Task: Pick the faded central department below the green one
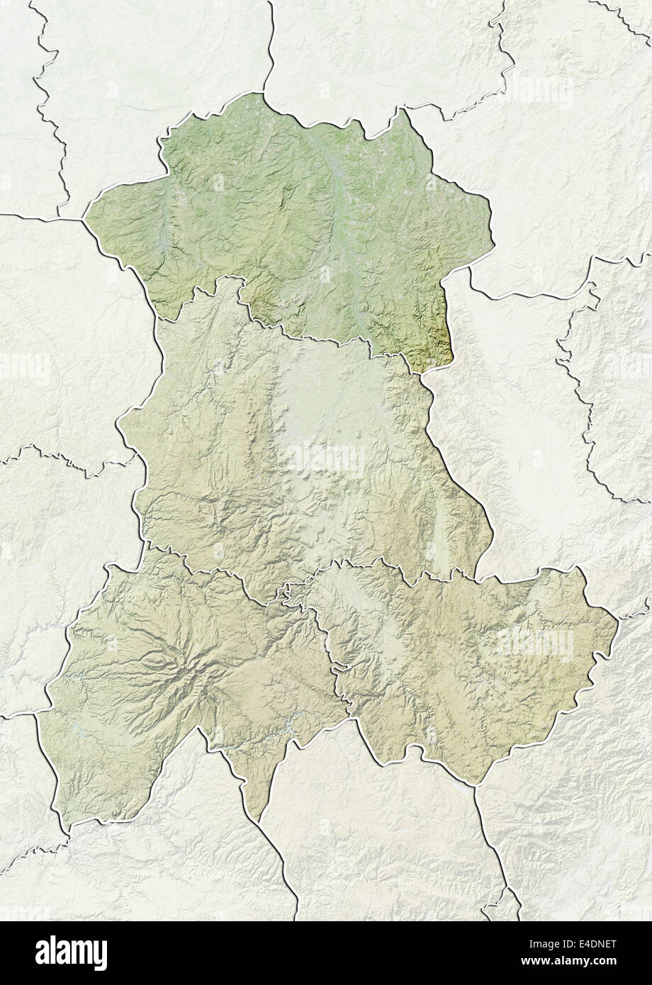298,454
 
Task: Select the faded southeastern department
461,659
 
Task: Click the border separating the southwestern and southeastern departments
333,673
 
